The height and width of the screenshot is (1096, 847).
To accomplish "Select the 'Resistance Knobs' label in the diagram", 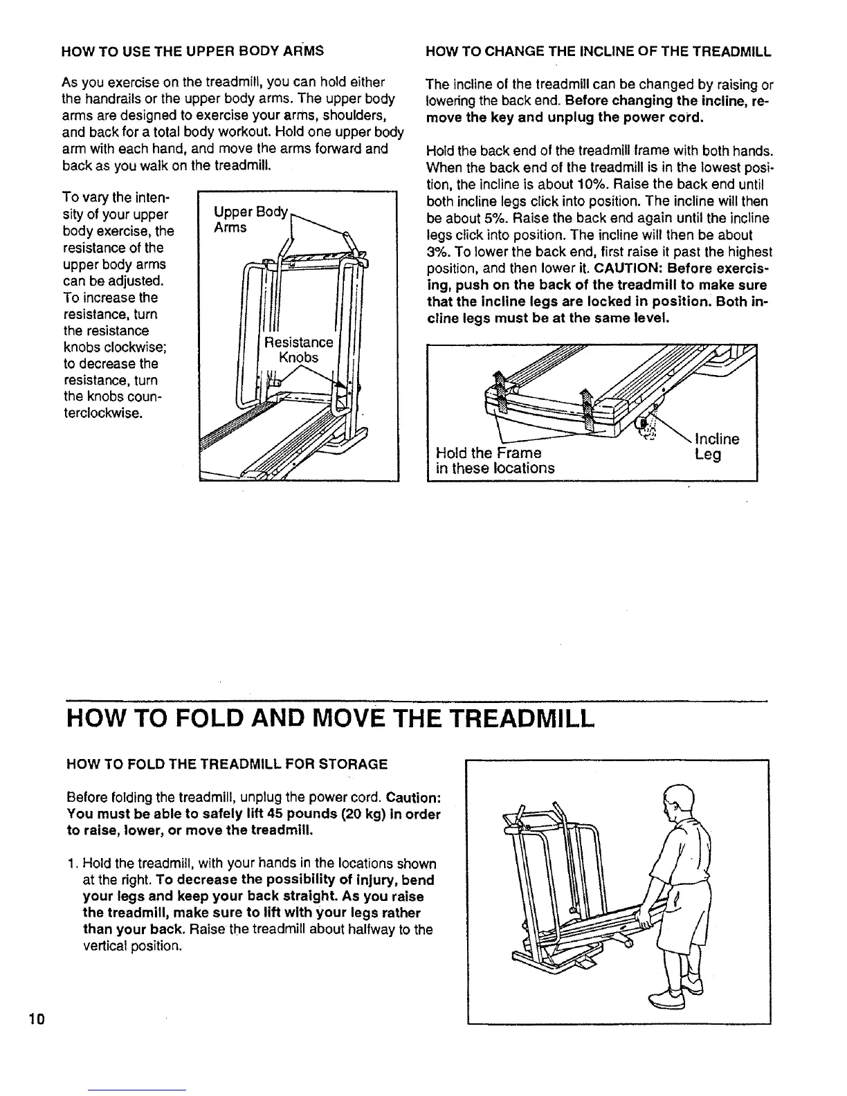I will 298,350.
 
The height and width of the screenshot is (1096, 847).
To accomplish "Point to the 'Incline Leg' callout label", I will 716,446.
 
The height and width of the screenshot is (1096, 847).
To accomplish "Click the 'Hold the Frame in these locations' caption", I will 494,460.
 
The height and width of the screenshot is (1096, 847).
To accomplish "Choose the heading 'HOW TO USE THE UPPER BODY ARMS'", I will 192,52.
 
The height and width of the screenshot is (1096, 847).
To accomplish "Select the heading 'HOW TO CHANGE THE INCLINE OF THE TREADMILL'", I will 599,52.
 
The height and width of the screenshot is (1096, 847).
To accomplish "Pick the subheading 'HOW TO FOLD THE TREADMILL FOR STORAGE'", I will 226,765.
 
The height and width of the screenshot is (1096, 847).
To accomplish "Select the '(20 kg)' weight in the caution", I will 367,814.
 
